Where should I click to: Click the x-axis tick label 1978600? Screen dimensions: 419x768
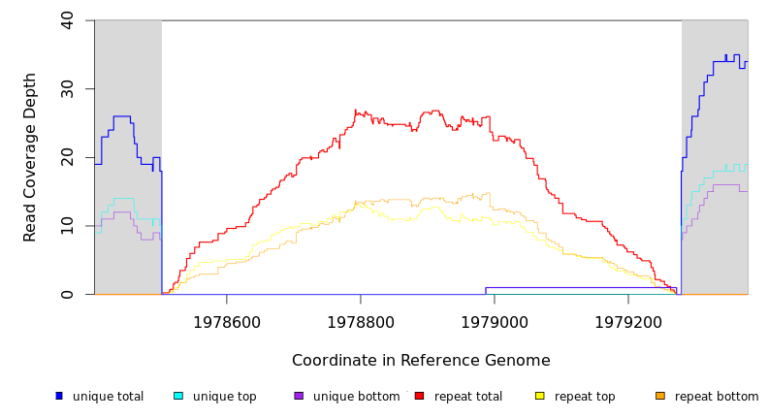(226, 322)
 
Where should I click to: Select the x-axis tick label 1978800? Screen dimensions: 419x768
(361, 322)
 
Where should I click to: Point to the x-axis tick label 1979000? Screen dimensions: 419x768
(495, 322)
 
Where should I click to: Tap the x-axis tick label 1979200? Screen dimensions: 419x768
(628, 322)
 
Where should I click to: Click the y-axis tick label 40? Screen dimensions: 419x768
(67, 20)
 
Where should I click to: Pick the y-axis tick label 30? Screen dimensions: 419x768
(67, 89)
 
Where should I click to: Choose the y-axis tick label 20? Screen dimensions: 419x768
(67, 158)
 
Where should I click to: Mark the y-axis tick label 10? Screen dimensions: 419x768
(67, 226)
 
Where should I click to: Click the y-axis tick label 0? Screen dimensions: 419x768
(67, 295)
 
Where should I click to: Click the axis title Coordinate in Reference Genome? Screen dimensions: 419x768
(421, 361)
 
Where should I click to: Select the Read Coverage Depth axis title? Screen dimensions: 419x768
(31, 157)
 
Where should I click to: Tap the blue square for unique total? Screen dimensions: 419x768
(59, 396)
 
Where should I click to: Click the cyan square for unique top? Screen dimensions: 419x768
(178, 396)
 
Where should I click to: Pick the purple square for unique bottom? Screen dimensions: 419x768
(299, 396)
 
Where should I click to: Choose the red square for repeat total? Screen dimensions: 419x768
(419, 396)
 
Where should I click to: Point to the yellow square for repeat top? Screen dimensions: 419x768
(540, 396)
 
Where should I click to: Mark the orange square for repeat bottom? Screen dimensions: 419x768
(660, 396)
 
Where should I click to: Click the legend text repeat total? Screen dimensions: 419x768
(468, 397)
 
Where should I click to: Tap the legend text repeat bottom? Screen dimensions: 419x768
(717, 397)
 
